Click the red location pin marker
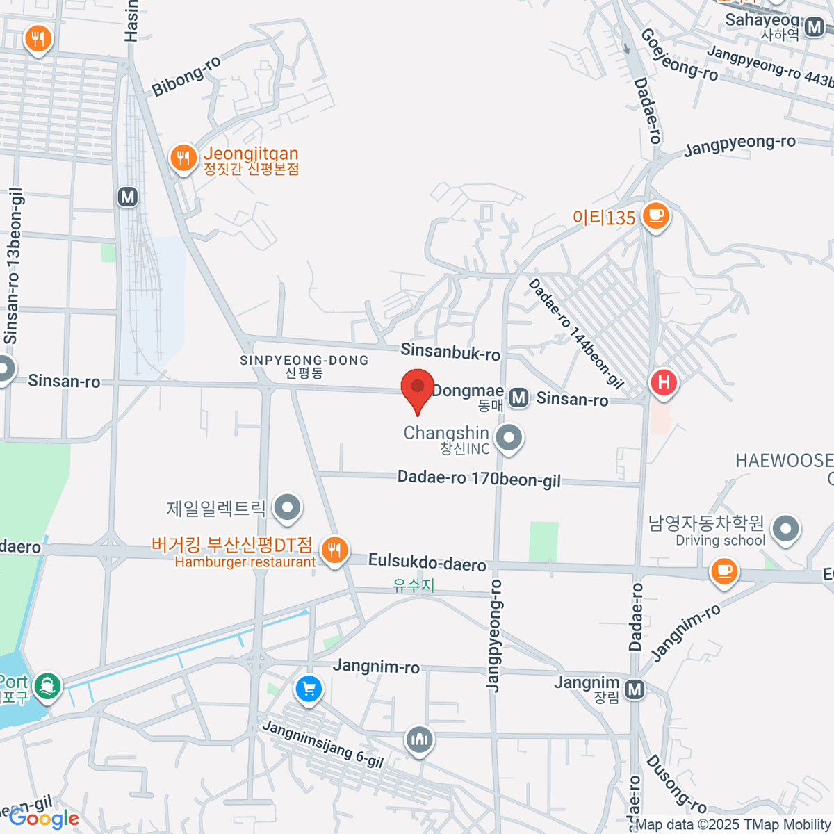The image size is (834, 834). coord(418,389)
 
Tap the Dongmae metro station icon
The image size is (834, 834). coord(518,398)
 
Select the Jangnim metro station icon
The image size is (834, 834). coord(634,689)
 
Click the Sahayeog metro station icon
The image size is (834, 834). coord(815,27)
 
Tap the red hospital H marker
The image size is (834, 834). coord(664,382)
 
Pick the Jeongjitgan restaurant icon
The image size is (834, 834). coord(183,158)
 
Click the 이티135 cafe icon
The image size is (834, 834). coord(655,215)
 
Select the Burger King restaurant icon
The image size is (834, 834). coord(335,550)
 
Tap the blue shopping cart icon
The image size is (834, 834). coord(309,689)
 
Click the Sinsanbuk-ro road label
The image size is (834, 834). coord(450,352)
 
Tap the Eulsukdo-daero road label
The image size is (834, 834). coord(427,562)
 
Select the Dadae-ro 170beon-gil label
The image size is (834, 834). coord(479,479)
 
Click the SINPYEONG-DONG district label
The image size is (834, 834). coord(304,361)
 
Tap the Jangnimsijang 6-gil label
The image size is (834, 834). coord(323,744)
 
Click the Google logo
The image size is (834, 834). coord(44,819)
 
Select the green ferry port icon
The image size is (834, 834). coord(48,685)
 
